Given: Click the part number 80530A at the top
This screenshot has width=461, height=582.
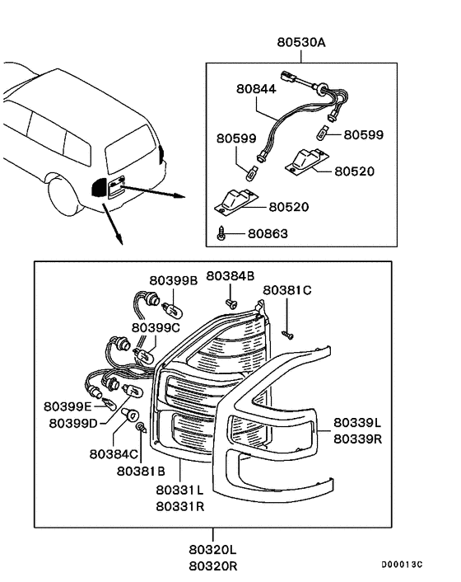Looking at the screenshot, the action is click(301, 42).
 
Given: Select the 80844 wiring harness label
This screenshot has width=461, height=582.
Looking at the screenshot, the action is click(256, 89).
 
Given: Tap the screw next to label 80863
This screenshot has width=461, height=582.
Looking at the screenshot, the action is click(221, 232).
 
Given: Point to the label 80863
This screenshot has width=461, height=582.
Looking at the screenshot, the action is click(268, 233).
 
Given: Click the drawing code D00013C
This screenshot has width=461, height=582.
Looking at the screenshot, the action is click(402, 565).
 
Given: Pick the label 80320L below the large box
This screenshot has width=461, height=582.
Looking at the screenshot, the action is click(212, 549).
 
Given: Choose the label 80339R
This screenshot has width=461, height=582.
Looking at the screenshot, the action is click(357, 439).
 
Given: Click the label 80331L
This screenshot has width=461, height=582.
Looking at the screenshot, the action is click(179, 490).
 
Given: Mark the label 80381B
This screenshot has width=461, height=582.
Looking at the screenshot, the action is click(141, 471).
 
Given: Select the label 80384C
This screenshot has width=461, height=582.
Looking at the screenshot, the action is click(114, 454).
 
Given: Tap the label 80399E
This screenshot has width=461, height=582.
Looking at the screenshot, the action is click(68, 406).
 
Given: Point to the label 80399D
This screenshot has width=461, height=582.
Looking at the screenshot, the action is click(73, 423).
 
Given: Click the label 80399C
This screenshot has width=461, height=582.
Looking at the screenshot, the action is click(156, 327).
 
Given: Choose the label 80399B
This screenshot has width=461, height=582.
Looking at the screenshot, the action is click(174, 280).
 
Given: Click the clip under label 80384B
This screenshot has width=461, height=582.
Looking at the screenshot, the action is click(231, 304).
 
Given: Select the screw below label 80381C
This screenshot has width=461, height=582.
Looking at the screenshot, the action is click(288, 335).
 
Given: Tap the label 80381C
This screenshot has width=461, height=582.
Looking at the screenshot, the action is click(287, 290).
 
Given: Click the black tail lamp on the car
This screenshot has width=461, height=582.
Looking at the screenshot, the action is click(99, 187).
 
